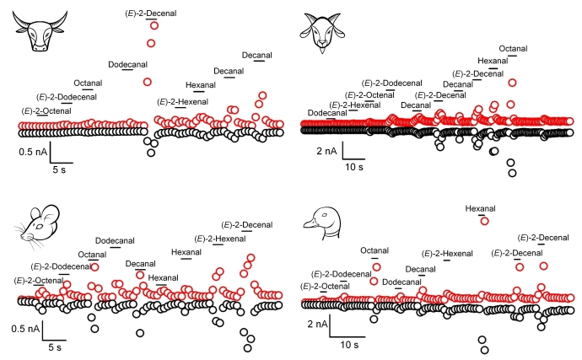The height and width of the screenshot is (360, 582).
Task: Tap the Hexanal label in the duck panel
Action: point(483,208)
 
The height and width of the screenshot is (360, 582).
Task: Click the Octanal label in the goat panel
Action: point(513,48)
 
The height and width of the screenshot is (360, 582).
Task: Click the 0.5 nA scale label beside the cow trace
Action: point(31,153)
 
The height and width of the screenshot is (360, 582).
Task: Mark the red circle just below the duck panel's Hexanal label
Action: point(484,221)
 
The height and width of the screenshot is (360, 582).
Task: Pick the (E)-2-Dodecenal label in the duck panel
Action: point(341,274)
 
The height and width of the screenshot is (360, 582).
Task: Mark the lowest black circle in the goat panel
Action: point(512,174)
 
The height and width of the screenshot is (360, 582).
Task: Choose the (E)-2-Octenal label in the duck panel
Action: point(325,287)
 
